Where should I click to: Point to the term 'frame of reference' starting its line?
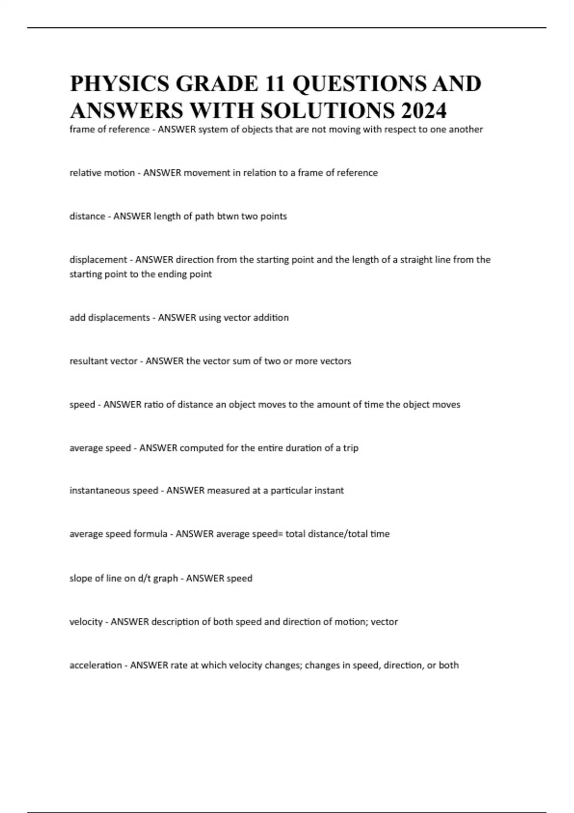[x=110, y=130]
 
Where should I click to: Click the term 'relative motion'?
[x=102, y=173]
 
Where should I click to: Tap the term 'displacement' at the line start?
[x=98, y=260]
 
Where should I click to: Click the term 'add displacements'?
[x=110, y=318]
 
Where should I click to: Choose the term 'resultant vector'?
[x=103, y=361]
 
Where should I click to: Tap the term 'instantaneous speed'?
[x=114, y=491]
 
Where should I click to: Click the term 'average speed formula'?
[x=118, y=534]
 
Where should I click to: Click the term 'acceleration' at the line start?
[x=96, y=665]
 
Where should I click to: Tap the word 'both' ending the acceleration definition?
[x=449, y=665]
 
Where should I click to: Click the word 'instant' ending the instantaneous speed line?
[x=329, y=491]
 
